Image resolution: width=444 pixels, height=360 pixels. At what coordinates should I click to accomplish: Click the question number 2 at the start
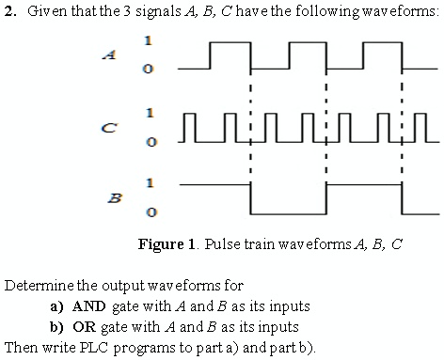(x=8, y=10)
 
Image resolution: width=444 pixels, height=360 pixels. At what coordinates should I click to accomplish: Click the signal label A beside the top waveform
(x=115, y=55)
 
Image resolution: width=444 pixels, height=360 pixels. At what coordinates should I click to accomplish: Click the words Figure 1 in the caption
(x=165, y=244)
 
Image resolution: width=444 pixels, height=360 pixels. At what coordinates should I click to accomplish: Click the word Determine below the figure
(x=38, y=285)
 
